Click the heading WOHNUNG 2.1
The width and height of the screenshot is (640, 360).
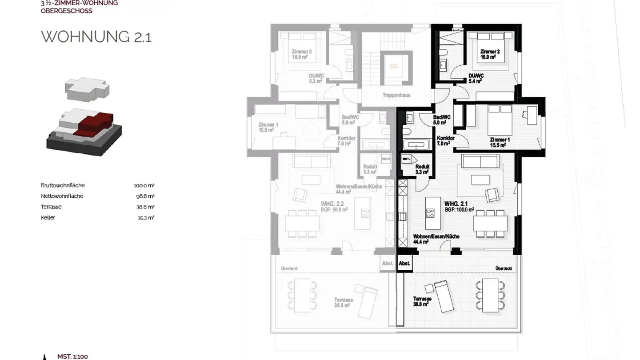96,37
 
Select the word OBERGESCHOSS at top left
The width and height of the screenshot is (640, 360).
67,11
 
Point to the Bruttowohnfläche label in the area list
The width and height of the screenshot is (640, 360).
63,185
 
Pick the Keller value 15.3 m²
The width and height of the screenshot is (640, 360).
145,218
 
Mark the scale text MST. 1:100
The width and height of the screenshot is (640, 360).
72,356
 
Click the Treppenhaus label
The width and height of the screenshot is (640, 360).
396,95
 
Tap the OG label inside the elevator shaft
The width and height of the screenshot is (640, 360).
393,67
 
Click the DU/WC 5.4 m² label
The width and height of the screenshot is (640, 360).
476,78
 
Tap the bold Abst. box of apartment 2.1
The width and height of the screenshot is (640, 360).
404,264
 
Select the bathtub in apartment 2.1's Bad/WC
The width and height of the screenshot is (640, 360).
416,144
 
